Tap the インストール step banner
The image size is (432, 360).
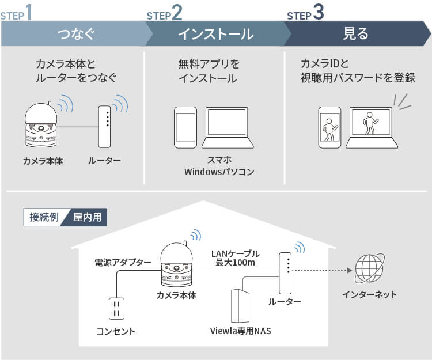click(214, 34)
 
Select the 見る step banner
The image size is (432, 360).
click(355, 34)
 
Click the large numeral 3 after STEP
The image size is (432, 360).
click(319, 13)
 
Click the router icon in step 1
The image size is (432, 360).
click(104, 126)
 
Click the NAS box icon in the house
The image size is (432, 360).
click(240, 306)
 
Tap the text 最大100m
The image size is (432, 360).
click(235, 263)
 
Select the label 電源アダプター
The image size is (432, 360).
click(123, 263)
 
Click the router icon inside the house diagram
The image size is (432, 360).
click(285, 273)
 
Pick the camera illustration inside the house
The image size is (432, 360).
click(179, 266)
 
